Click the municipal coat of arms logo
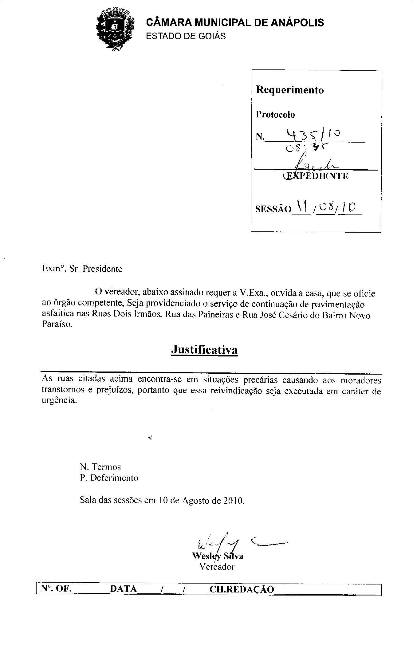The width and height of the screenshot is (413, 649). pos(116,29)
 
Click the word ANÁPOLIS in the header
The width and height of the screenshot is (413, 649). pos(297,22)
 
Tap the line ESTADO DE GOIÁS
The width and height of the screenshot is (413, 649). pos(186,36)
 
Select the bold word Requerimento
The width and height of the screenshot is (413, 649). pos(290,90)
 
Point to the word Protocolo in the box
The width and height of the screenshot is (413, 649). pos(275,115)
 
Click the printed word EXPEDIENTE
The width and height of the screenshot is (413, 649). pos(317,176)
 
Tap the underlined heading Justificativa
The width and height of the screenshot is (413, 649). pos(204,350)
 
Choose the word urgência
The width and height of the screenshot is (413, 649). pos(59,401)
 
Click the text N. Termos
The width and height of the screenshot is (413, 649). pos(100,467)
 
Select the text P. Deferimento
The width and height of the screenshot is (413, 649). pos(109,478)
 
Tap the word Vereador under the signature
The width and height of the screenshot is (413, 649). pos(217,567)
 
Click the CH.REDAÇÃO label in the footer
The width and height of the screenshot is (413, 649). pos(242,589)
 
